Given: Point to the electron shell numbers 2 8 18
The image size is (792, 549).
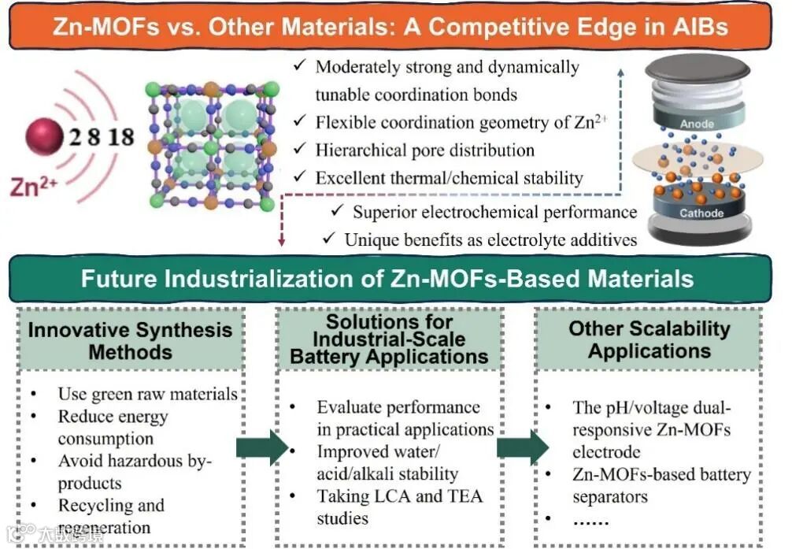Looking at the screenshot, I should pyautogui.click(x=100, y=137).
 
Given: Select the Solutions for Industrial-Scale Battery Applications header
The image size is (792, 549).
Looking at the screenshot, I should pyautogui.click(x=389, y=339).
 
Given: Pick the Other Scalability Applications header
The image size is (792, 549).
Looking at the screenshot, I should pyautogui.click(x=649, y=339).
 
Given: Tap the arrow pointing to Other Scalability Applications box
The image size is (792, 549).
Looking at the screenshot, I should pyautogui.click(x=522, y=447).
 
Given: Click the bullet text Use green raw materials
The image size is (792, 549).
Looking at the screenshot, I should pyautogui.click(x=147, y=394).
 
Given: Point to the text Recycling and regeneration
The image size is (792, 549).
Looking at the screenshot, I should pyautogui.click(x=110, y=516).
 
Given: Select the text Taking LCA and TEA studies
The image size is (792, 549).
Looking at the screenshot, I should pyautogui.click(x=398, y=506).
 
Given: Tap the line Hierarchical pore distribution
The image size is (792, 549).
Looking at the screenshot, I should pyautogui.click(x=424, y=150).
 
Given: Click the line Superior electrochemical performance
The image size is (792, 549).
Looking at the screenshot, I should pyautogui.click(x=494, y=212).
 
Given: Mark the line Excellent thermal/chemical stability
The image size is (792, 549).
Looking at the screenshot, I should pyautogui.click(x=449, y=177).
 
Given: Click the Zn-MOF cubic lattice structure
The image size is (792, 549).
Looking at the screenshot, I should pyautogui.click(x=213, y=147).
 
